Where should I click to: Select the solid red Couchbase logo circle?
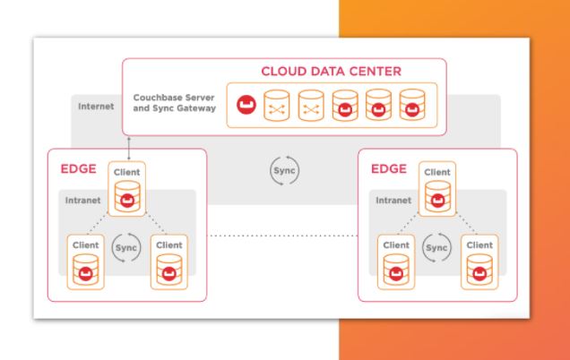[244, 107]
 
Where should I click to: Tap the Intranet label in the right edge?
[394, 201]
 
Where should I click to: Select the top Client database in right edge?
[436, 193]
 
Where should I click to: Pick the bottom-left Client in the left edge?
[85, 260]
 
